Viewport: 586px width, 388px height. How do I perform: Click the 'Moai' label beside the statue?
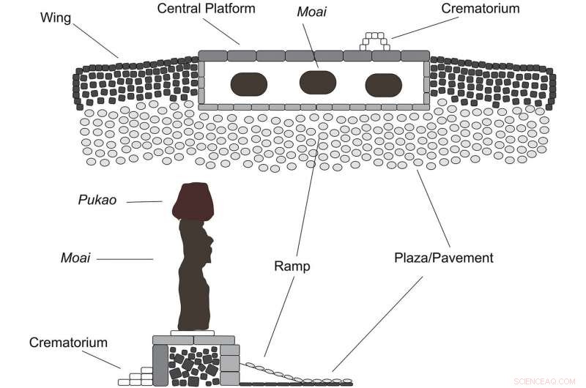point(75,258)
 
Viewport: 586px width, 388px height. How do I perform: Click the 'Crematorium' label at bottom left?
point(68,343)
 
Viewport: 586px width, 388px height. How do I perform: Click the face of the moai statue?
point(209,245)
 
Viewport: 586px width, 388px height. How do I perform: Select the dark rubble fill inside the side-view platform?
point(192,364)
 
